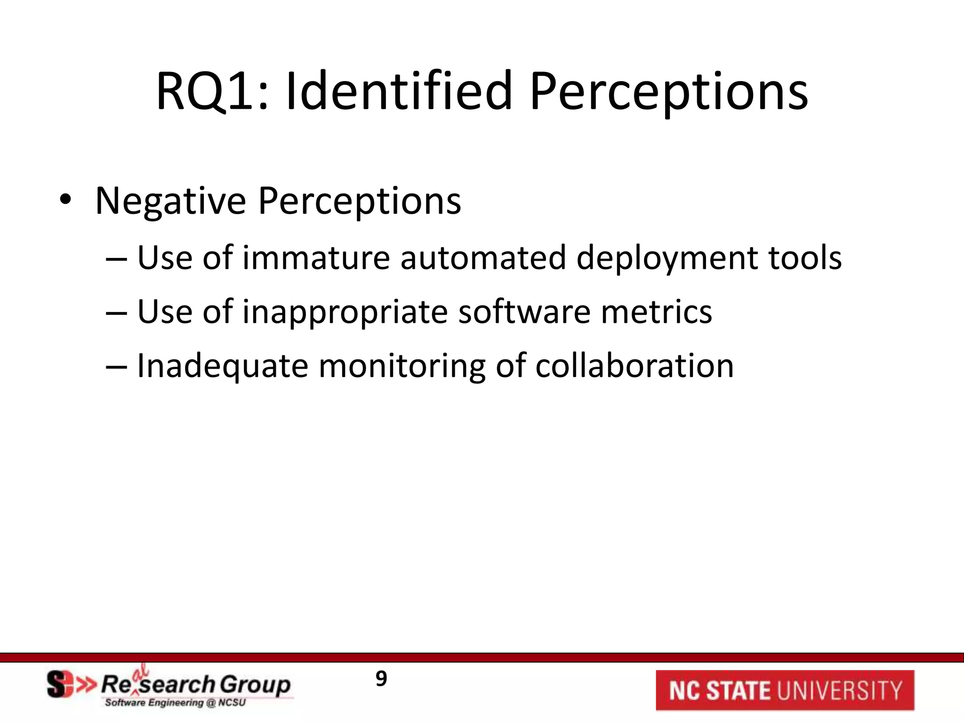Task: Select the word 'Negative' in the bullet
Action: pyautogui.click(x=170, y=201)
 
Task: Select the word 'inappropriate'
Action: pyautogui.click(x=345, y=313)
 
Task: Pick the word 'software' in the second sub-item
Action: pyautogui.click(x=524, y=312)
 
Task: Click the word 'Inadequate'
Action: pyautogui.click(x=222, y=366)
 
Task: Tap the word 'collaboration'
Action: pyautogui.click(x=634, y=366)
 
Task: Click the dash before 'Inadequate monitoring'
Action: pyautogui.click(x=116, y=367)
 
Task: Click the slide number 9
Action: pyautogui.click(x=381, y=679)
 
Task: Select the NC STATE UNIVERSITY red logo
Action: pyautogui.click(x=785, y=690)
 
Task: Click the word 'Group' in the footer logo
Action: pyautogui.click(x=255, y=685)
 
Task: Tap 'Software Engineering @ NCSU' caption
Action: pyautogui.click(x=175, y=703)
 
